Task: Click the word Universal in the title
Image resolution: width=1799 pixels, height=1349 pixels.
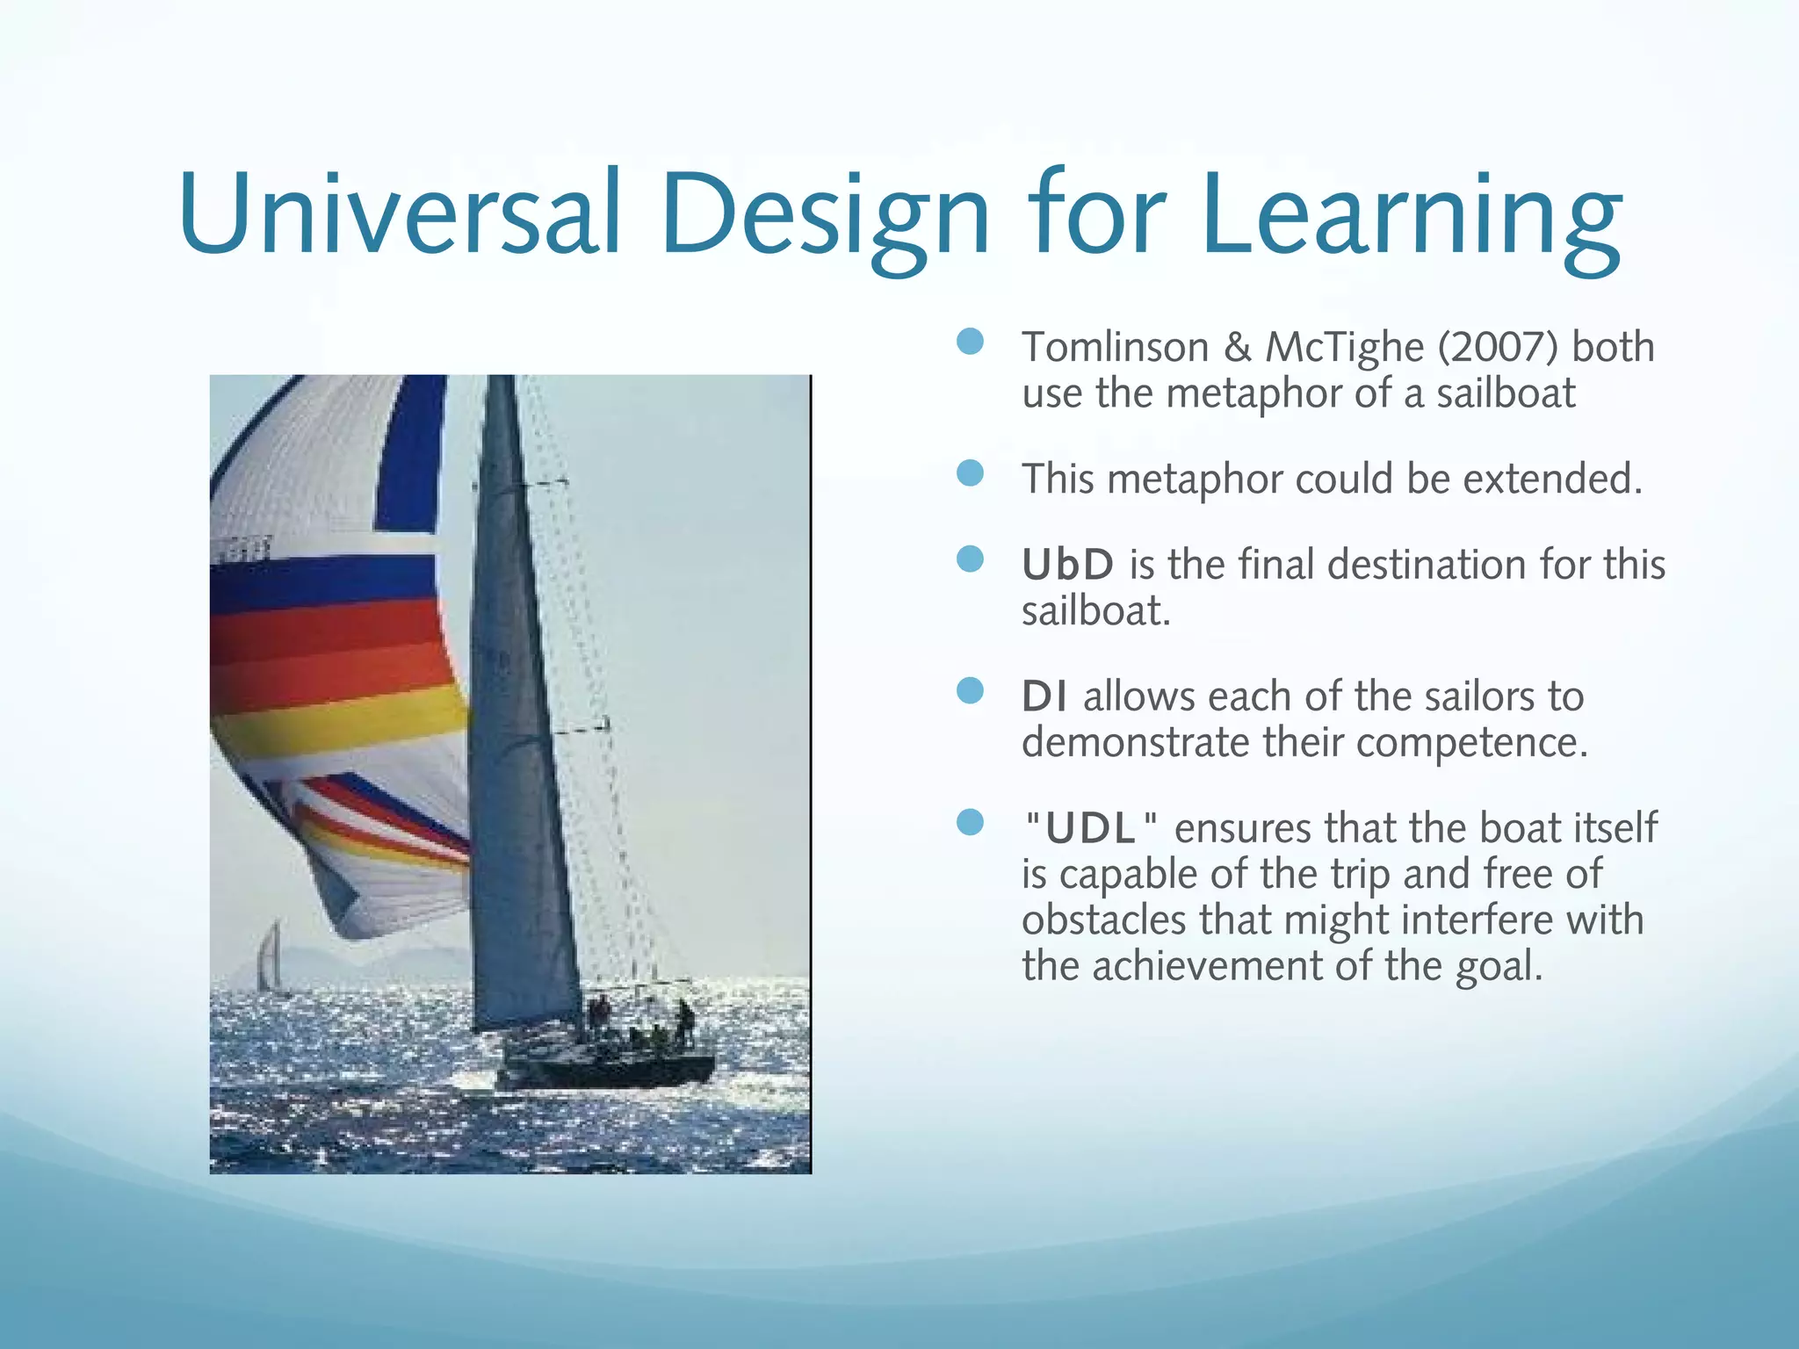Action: [x=400, y=215]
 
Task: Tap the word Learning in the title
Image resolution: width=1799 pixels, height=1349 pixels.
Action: [x=1410, y=215]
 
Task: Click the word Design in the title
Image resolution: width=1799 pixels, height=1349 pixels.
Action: [x=826, y=215]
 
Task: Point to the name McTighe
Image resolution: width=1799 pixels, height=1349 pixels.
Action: [x=1344, y=347]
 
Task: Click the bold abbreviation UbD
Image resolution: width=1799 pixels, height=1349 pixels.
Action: [x=1067, y=565]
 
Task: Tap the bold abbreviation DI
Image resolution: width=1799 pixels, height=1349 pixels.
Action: [x=1044, y=697]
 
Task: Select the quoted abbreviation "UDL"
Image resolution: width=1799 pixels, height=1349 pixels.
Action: [x=1092, y=829]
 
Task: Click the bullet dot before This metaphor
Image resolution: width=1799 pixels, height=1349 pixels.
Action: [x=970, y=474]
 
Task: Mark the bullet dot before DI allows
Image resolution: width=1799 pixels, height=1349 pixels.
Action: [x=970, y=691]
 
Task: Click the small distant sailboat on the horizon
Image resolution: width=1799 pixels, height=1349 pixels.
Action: [x=271, y=957]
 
